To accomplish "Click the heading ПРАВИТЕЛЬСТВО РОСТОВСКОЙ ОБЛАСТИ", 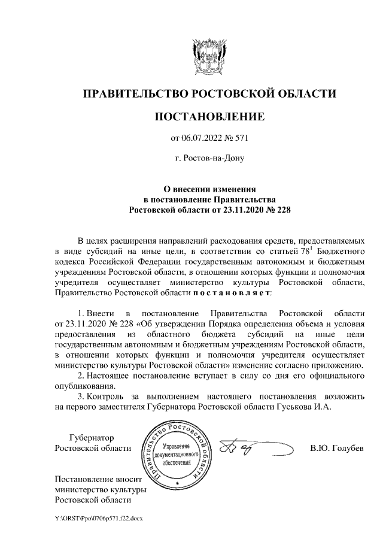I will click(209, 94).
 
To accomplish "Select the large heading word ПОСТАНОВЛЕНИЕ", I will click(209, 116).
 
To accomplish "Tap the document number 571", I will click(240, 139).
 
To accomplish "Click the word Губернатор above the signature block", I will click(92, 438).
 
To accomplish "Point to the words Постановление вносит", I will click(97, 479).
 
